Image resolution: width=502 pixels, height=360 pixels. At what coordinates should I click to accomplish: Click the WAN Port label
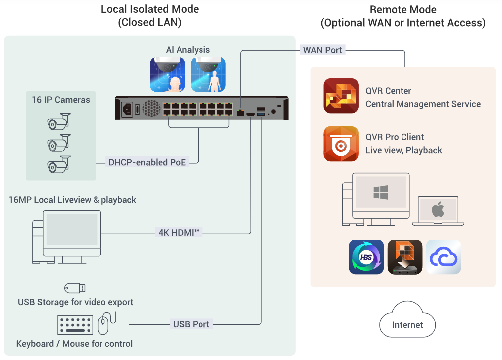(x=322, y=50)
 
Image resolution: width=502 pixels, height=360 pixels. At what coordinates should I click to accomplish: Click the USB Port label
(x=191, y=324)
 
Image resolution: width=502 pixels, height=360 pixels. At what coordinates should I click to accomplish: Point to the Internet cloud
(x=407, y=325)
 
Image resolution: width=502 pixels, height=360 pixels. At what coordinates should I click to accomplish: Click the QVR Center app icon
(x=341, y=96)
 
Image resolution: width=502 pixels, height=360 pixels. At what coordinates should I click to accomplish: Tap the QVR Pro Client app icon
(x=341, y=144)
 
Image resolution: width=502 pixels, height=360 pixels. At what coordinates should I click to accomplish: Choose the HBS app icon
(x=366, y=257)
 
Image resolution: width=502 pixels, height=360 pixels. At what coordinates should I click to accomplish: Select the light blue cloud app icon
(x=444, y=257)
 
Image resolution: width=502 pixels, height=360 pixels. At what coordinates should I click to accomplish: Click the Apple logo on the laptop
(x=438, y=209)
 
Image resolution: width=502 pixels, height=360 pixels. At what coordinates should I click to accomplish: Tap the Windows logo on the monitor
(x=380, y=193)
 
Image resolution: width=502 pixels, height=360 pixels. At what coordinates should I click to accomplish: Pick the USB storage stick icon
(x=75, y=288)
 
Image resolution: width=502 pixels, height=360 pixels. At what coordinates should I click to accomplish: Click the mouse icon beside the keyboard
(x=103, y=324)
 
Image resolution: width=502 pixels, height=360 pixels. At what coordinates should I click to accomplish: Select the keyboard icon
(x=76, y=325)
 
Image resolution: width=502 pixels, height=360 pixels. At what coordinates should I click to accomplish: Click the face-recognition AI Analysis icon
(x=167, y=74)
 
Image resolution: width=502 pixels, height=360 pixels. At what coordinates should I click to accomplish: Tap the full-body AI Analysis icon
(x=208, y=74)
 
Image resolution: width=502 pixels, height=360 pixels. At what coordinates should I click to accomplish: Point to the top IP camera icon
(x=58, y=121)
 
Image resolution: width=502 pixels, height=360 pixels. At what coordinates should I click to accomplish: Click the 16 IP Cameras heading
(x=61, y=100)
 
